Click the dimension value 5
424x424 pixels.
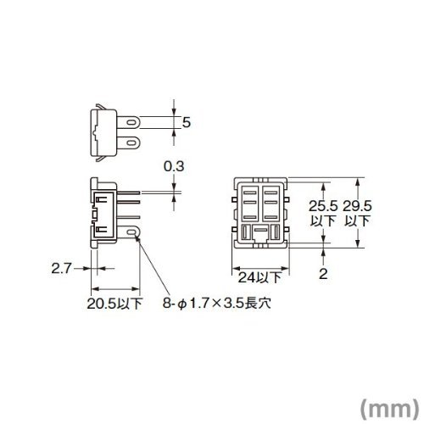coord(187,123)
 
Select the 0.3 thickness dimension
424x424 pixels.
coord(174,166)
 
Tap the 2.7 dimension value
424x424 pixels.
coord(61,268)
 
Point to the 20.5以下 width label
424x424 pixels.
coord(114,304)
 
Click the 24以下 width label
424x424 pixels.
coord(260,277)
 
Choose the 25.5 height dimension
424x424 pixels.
coord(323,206)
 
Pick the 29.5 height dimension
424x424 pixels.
coord(357,206)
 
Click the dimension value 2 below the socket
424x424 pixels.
coord(323,274)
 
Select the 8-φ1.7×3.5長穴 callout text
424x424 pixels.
coord(217,304)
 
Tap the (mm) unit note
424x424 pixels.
coord(390,408)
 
